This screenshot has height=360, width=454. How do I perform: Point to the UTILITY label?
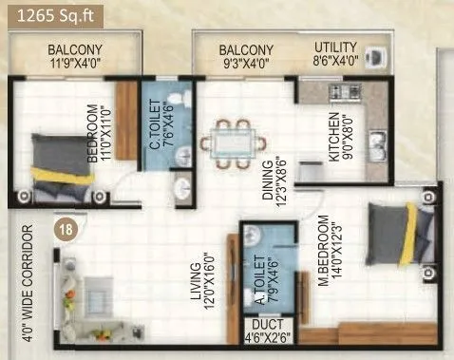click(336, 48)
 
